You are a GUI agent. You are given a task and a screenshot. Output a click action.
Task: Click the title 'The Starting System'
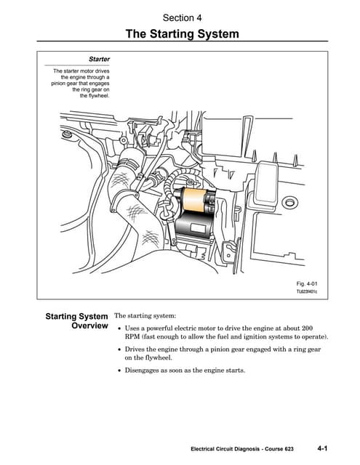[x=182, y=33]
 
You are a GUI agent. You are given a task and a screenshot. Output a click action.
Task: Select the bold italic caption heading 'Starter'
[x=99, y=58]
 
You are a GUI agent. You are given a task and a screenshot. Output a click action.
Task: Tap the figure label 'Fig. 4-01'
[x=308, y=282]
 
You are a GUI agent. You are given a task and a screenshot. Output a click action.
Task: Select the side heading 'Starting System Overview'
[x=76, y=321]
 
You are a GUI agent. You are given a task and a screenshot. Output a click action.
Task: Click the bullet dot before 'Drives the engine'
[x=119, y=349]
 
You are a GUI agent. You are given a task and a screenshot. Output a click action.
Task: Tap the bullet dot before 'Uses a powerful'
[x=119, y=328]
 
